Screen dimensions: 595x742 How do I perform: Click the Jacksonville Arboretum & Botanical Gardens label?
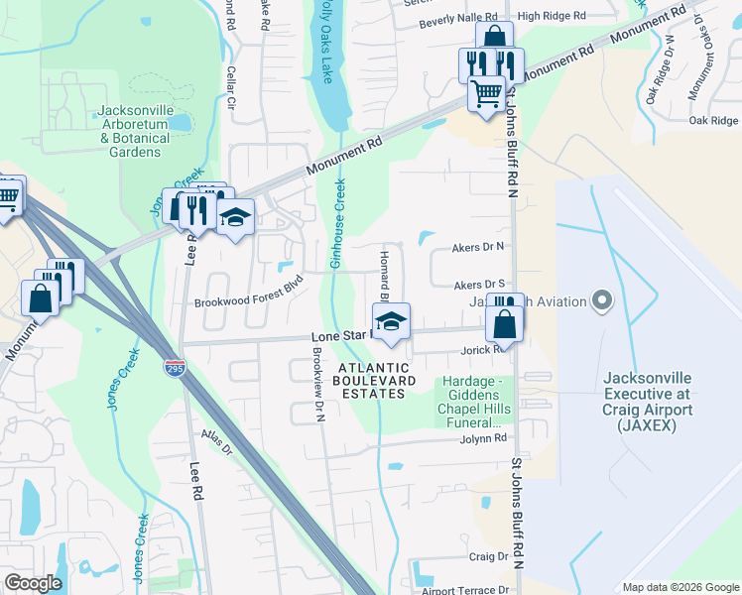tap(134, 131)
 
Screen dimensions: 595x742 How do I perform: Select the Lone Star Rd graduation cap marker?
tap(391, 322)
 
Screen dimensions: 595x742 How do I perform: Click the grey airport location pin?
tap(600, 298)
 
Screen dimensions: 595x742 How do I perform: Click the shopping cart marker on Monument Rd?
tap(486, 94)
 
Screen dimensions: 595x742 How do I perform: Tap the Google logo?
tap(33, 582)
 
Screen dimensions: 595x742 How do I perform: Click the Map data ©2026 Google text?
tap(680, 587)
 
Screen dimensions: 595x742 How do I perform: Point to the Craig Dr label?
tap(488, 557)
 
